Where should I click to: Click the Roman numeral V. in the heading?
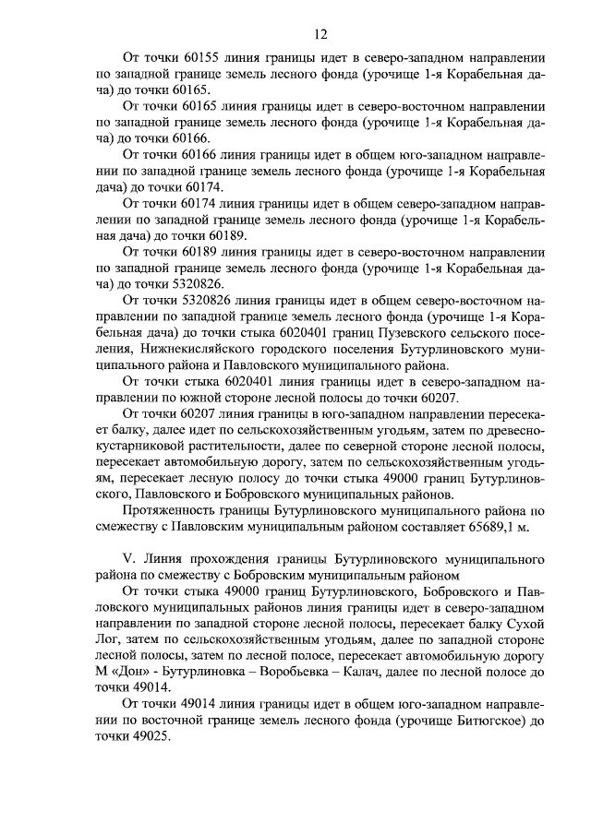tap(130, 560)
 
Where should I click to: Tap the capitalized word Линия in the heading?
tap(172, 560)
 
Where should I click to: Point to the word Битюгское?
tap(479, 722)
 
